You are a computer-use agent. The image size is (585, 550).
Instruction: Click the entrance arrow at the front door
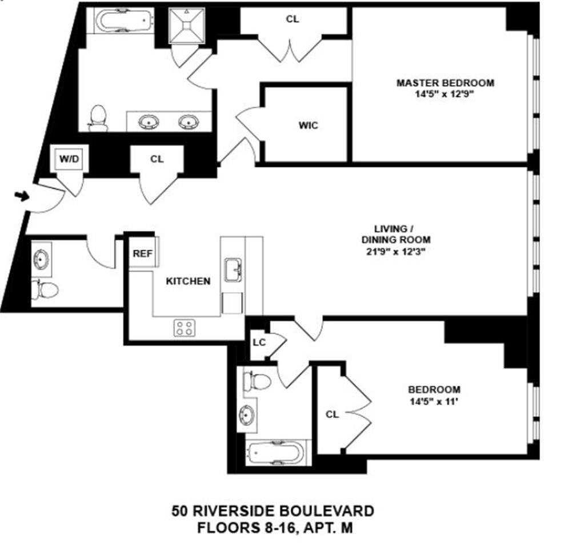[22, 196]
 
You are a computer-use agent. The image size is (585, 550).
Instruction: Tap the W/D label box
[69, 159]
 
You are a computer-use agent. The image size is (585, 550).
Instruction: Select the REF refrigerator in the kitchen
[143, 254]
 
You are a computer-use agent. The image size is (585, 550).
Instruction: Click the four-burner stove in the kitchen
[184, 327]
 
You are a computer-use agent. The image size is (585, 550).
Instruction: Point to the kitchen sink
[233, 270]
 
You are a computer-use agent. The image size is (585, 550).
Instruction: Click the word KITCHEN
[188, 281]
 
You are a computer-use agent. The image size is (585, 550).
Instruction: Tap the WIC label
[307, 126]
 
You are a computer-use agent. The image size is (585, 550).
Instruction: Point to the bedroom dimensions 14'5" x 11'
[434, 401]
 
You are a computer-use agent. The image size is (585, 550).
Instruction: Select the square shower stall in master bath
[187, 25]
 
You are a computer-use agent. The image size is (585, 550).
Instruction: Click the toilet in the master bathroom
[98, 118]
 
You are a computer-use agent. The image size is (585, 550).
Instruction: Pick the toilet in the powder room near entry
[45, 290]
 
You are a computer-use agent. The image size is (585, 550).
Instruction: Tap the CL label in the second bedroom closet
[332, 415]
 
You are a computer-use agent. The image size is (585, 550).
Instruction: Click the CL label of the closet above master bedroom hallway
[292, 19]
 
